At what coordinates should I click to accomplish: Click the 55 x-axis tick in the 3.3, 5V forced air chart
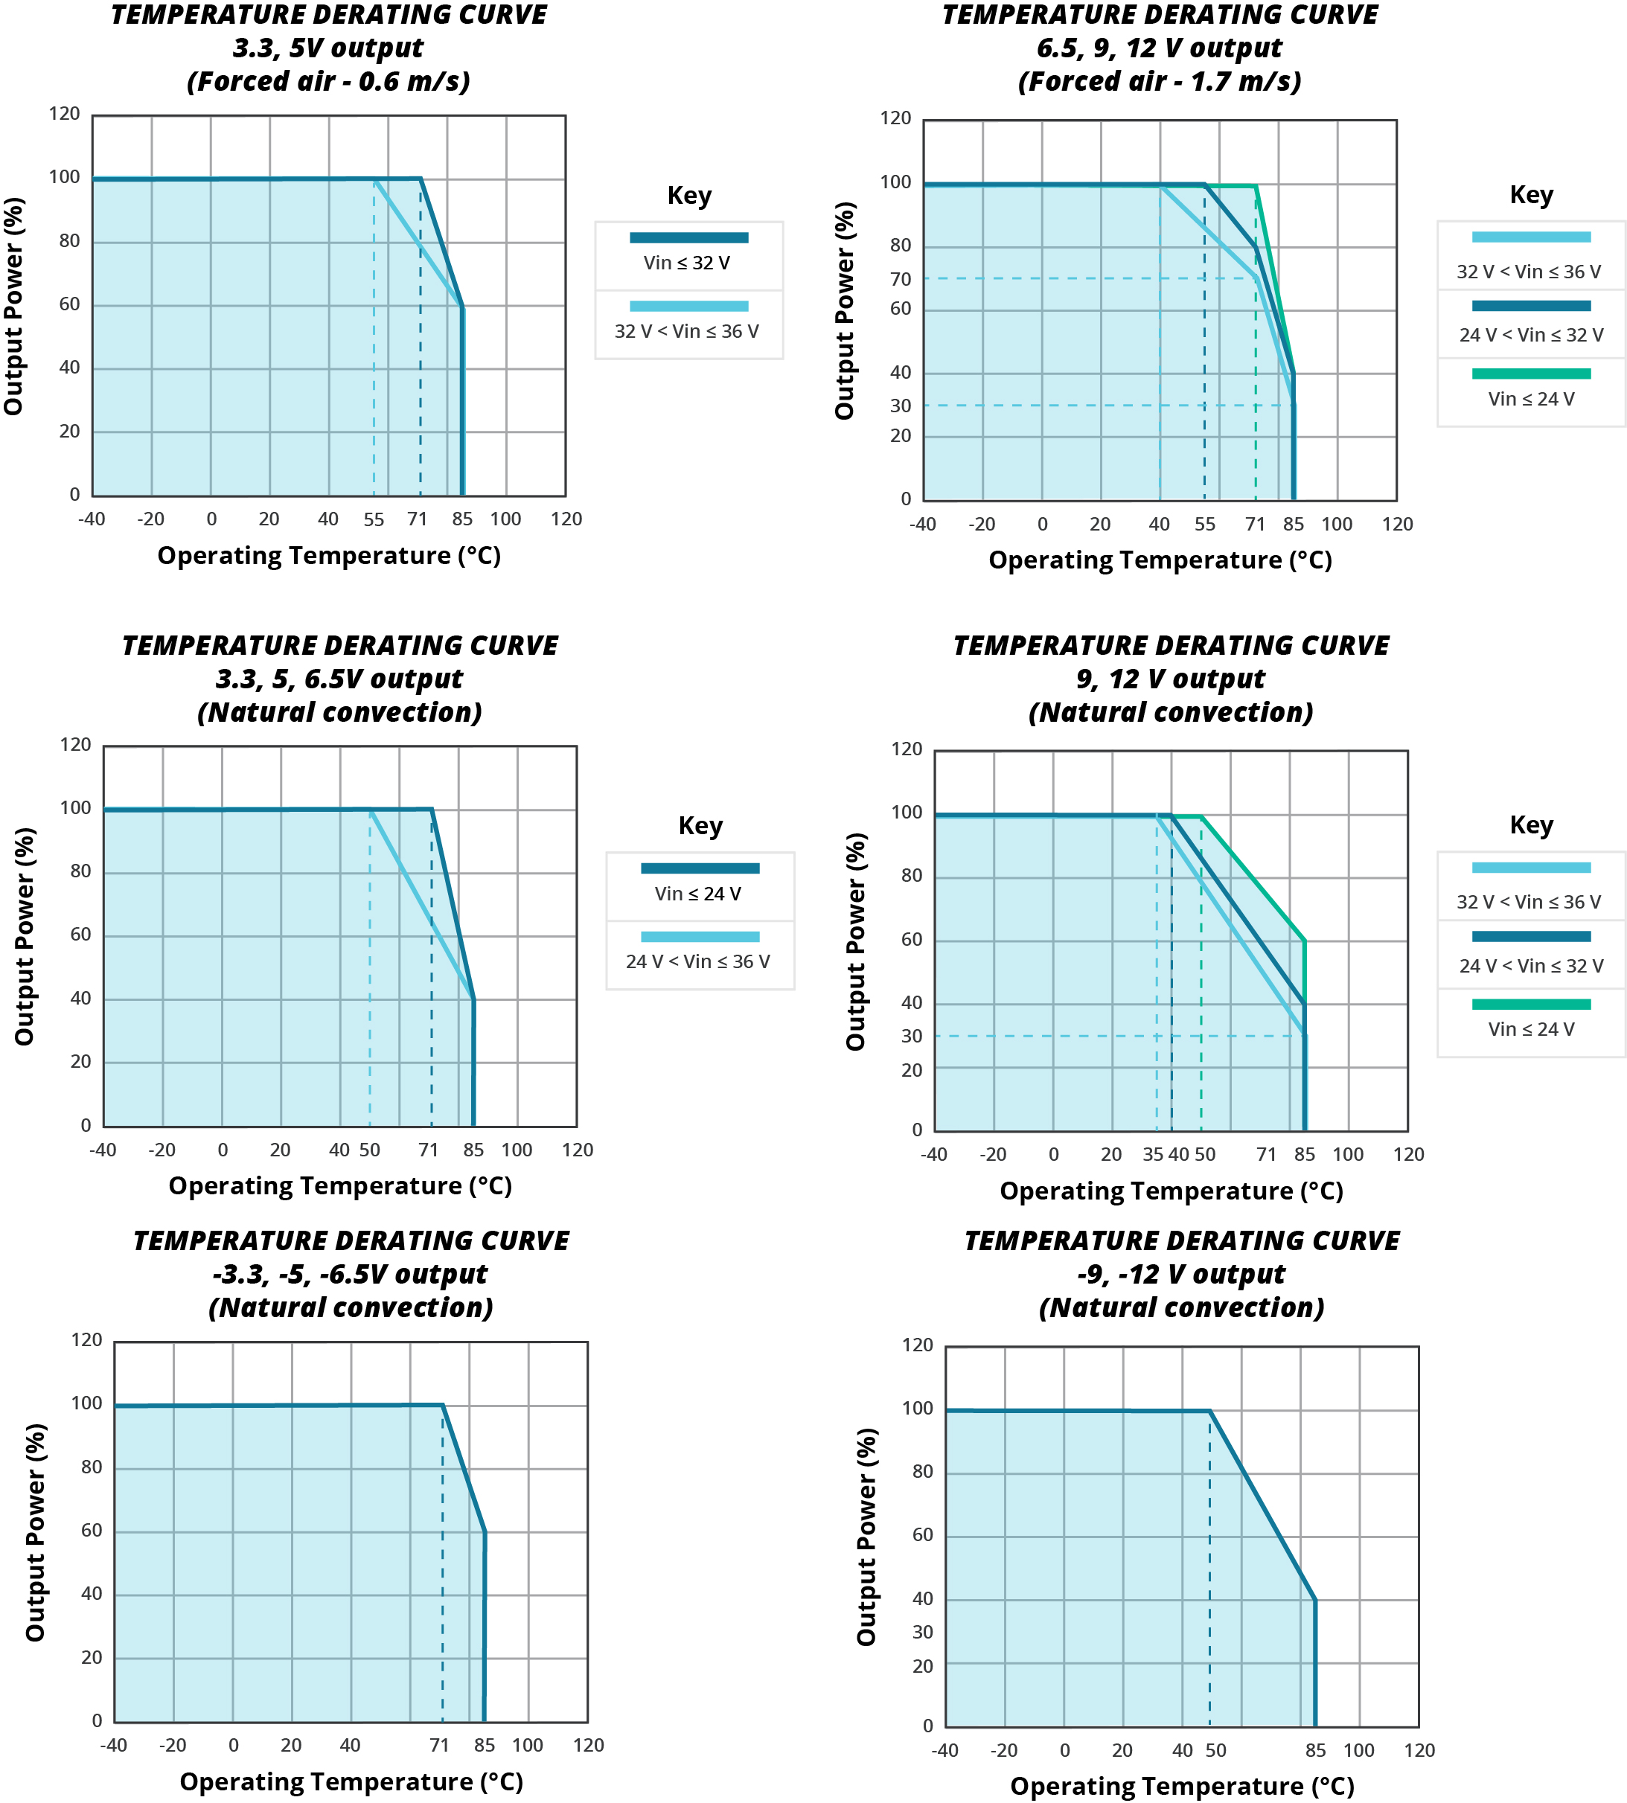tap(374, 519)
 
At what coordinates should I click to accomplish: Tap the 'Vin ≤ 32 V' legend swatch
tap(688, 238)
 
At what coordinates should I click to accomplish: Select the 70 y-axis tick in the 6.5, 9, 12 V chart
tap(901, 279)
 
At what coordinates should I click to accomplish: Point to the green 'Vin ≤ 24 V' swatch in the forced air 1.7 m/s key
tap(1530, 374)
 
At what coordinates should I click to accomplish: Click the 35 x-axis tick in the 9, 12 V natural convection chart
tap(1153, 1154)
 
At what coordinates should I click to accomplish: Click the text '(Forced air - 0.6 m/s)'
tap(328, 81)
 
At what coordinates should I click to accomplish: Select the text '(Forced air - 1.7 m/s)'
tap(1160, 81)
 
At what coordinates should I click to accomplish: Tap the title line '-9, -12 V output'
tap(1181, 1274)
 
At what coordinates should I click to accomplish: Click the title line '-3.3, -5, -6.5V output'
tap(351, 1274)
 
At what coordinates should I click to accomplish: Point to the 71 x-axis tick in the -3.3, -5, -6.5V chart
tap(439, 1745)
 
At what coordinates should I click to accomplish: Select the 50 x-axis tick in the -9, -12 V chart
tap(1215, 1750)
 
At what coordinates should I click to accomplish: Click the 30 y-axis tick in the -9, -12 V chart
tap(923, 1633)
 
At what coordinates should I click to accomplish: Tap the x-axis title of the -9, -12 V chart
tap(1182, 1786)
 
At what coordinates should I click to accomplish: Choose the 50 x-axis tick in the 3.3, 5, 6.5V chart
tap(370, 1150)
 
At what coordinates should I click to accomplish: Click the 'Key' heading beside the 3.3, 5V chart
tap(689, 196)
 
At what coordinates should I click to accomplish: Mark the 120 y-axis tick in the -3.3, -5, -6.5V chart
tap(87, 1340)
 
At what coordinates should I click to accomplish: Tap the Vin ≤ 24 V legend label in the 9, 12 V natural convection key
tap(1530, 1029)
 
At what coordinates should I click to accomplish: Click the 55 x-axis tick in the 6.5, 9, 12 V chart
tap(1205, 524)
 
